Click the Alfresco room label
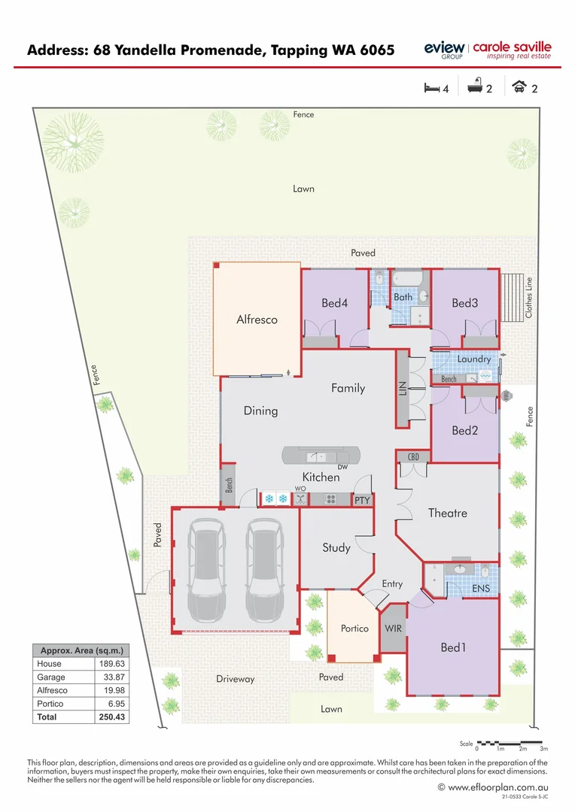(x=257, y=320)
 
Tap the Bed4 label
(x=335, y=303)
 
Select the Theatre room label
(x=447, y=513)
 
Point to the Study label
(x=336, y=547)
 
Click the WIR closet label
(x=392, y=628)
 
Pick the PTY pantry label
(x=363, y=499)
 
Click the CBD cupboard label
(x=413, y=457)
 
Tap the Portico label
(x=354, y=629)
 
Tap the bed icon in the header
(x=431, y=88)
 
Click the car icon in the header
(x=519, y=88)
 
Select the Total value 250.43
(x=111, y=717)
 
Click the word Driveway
(x=236, y=679)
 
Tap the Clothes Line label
(x=529, y=297)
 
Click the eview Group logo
(x=443, y=50)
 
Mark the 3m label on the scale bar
(x=543, y=749)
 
